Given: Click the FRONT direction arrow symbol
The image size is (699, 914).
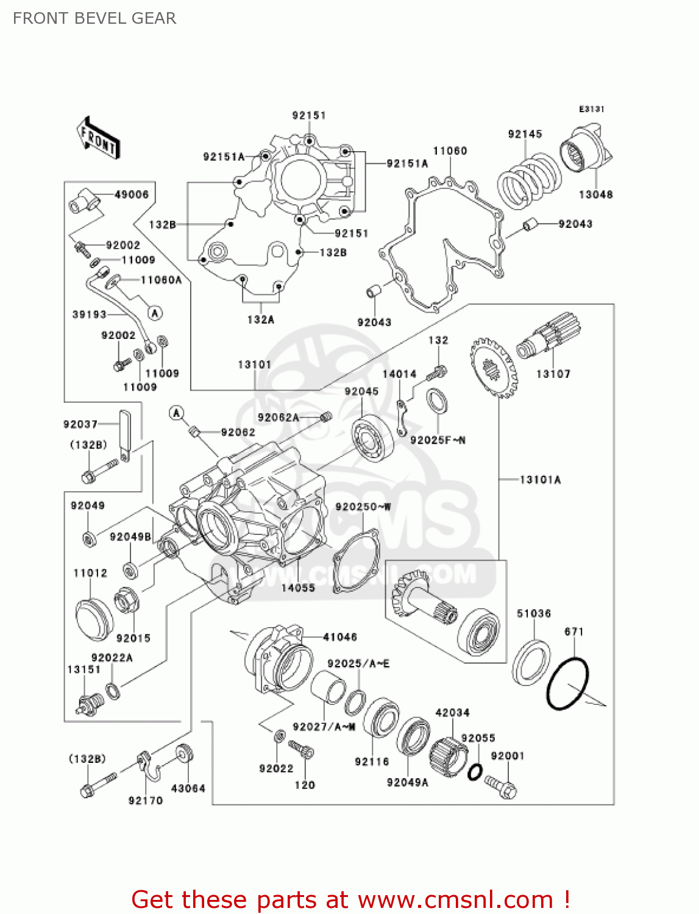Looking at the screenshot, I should coord(98,138).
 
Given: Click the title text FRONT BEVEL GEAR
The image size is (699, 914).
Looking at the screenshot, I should coord(94,18).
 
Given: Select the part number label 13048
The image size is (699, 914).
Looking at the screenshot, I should coord(595,194).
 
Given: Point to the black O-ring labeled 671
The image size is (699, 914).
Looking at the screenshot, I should coord(567,683).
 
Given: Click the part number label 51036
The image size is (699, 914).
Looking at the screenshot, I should coord(534,614).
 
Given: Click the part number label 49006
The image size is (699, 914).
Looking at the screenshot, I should coord(132,194).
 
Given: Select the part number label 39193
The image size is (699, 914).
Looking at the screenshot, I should coord(89,314).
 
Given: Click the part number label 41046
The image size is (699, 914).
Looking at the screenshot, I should coord(339,637).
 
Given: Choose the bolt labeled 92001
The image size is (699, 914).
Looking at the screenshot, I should coord(502,787).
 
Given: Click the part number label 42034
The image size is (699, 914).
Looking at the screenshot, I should coord(452,712).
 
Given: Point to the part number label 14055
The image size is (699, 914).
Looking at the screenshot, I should coord(298,587).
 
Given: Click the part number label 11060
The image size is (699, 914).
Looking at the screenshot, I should coord(450,151).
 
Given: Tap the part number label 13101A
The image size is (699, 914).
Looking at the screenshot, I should coord(540,480).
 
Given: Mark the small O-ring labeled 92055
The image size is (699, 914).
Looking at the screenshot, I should coord(475,772).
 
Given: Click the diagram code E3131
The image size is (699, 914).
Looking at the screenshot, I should coord(591,109).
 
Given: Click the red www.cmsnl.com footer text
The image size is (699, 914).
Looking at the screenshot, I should coord(350,899).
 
